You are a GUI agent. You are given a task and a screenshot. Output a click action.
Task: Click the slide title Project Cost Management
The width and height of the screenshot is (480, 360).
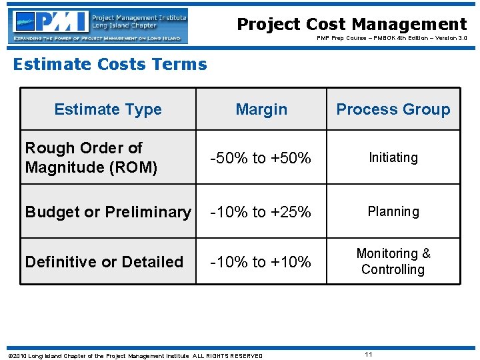point(352,25)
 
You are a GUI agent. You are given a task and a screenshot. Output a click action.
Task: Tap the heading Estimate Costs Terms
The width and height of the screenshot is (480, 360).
point(110,64)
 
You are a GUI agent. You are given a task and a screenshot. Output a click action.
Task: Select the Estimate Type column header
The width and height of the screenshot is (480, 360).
point(108,109)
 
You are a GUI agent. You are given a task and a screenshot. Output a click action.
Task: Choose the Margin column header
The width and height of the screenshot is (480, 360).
point(261,109)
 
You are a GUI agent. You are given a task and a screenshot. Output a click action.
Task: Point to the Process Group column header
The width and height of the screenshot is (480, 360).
point(393,109)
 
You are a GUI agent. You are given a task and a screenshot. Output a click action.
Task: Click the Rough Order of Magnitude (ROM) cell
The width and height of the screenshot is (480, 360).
point(91,157)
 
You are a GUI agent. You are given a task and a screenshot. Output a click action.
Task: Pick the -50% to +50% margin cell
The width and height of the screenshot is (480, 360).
point(261,158)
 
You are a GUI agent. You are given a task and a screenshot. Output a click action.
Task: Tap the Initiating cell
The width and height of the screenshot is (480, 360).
point(393,157)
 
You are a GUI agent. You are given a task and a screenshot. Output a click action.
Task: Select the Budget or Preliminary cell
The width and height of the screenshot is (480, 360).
point(108,212)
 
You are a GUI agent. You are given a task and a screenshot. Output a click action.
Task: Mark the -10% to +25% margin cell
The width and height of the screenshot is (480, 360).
point(261,212)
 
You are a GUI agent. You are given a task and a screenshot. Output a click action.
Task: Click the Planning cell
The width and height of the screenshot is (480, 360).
point(393,211)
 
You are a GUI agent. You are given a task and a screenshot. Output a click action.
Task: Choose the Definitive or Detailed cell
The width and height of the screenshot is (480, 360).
point(104,262)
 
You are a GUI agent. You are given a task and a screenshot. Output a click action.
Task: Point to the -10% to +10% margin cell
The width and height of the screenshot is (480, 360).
point(261,262)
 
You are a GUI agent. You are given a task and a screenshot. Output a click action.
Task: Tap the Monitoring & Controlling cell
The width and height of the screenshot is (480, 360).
point(393,261)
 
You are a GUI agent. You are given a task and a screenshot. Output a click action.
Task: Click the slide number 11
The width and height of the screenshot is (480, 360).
point(368,355)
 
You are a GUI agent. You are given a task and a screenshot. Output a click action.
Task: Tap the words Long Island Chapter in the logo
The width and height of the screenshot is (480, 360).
point(125,26)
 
